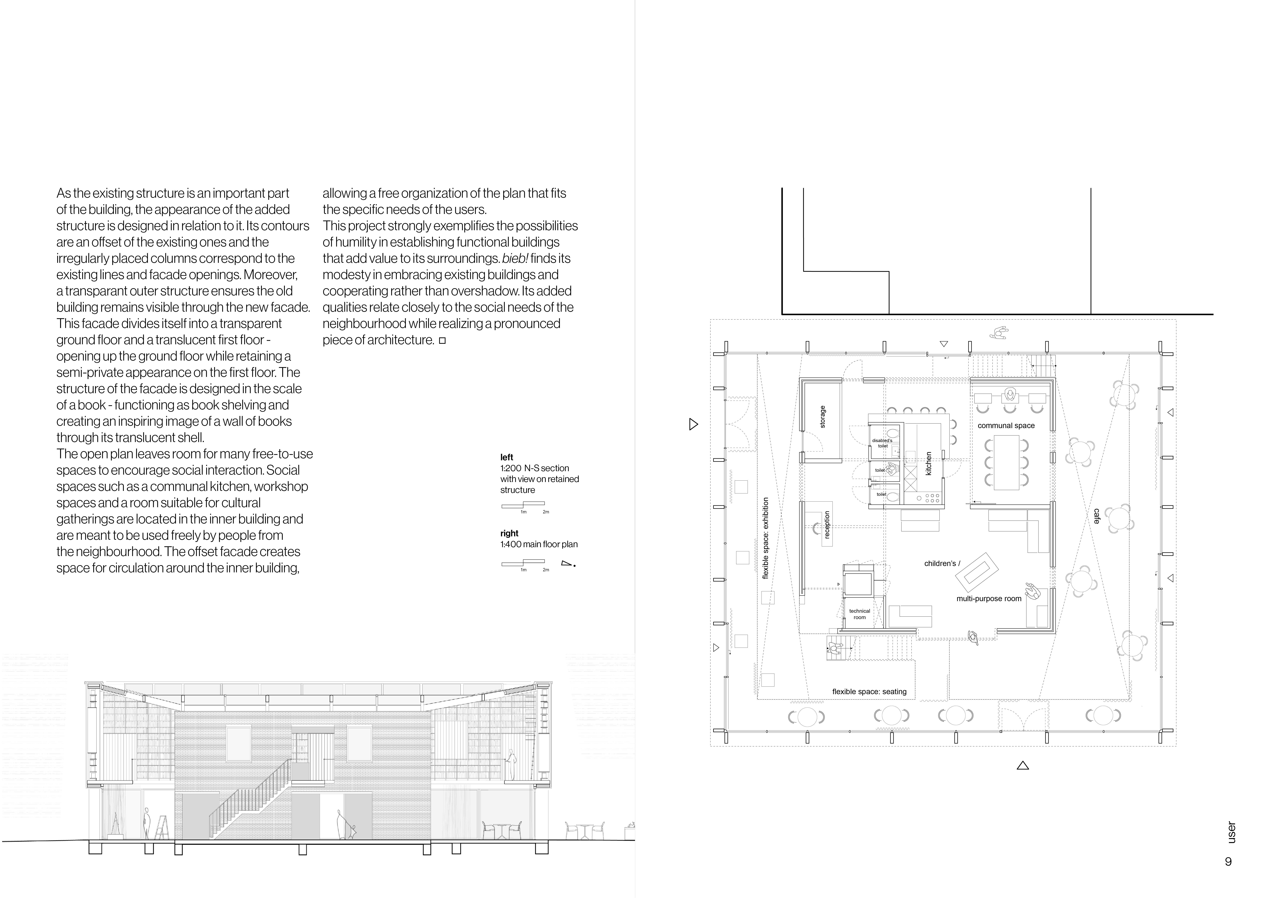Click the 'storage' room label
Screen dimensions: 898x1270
click(x=823, y=417)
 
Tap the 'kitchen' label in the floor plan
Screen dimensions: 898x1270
click(x=929, y=464)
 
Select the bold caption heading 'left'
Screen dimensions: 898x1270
click(x=507, y=457)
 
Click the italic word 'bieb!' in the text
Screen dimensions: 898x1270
click(x=515, y=258)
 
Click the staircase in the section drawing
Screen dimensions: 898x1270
click(x=249, y=797)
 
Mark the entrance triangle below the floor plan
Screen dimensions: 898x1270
click(x=1023, y=766)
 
